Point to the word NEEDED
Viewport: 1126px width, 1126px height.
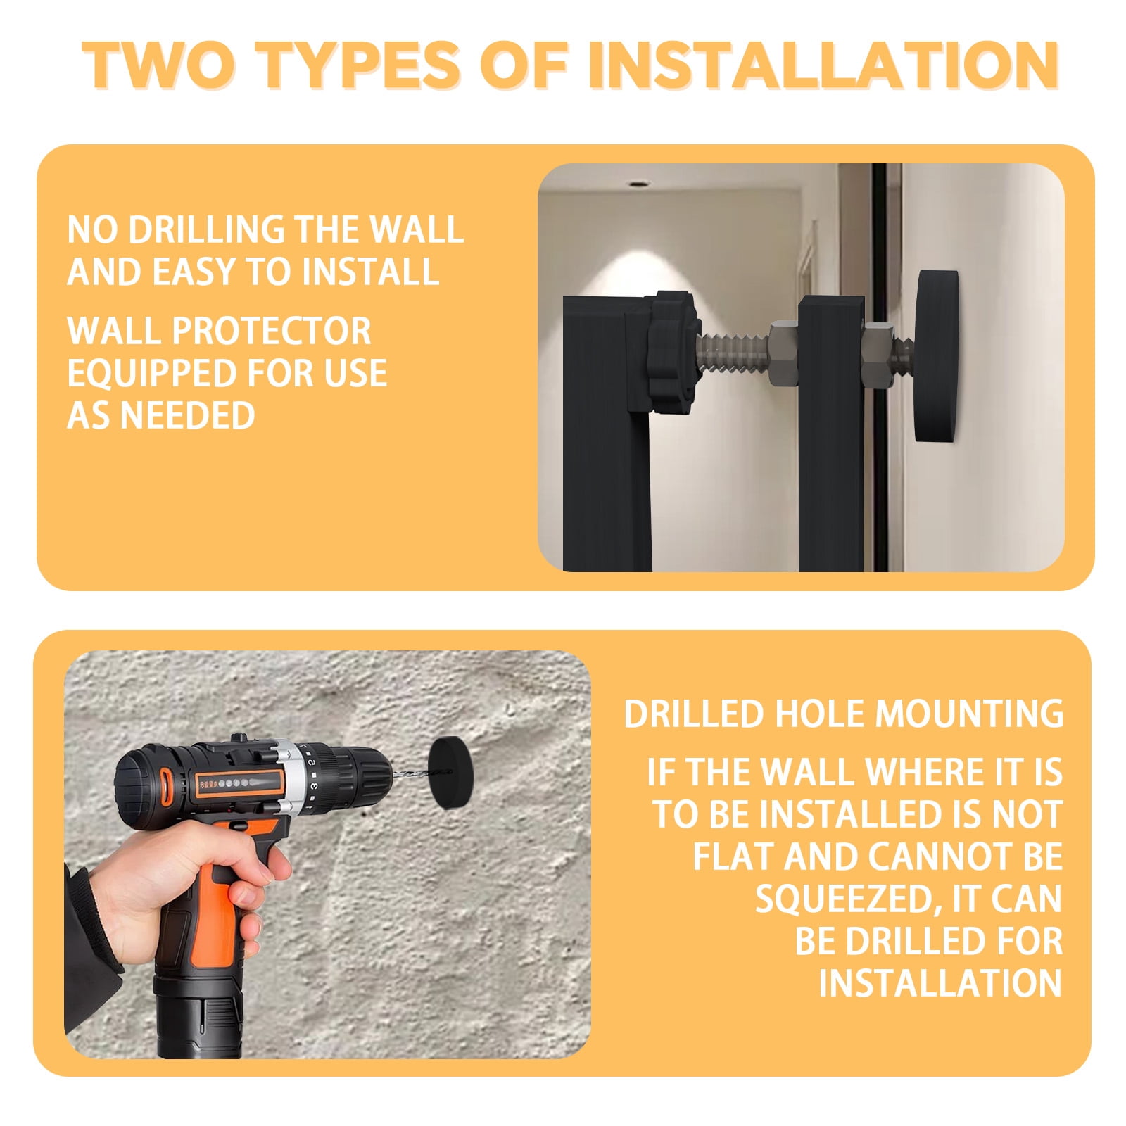click(187, 415)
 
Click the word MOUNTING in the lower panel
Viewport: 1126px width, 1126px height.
click(968, 714)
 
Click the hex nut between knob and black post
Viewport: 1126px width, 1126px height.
click(783, 353)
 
